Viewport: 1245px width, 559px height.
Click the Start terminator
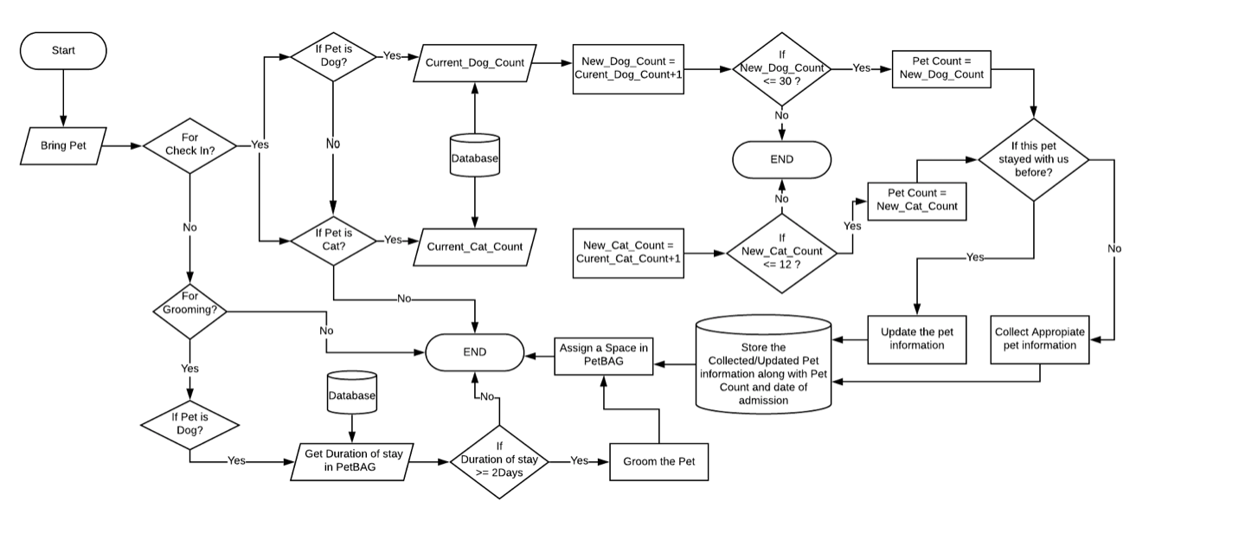point(63,51)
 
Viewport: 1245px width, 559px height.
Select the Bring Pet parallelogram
point(63,146)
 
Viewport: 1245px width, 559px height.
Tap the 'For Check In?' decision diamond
point(189,145)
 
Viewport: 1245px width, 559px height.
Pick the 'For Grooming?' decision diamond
point(189,309)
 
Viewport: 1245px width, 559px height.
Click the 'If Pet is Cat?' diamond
point(333,240)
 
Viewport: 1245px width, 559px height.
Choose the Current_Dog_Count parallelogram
point(474,63)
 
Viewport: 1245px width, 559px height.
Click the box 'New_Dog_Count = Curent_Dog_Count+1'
point(628,68)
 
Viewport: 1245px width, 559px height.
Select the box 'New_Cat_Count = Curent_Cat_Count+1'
point(628,252)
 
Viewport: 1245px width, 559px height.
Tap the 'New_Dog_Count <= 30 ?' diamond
point(781,68)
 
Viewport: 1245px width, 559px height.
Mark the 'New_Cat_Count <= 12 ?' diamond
point(781,252)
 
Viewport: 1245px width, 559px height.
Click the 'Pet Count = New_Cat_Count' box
point(916,200)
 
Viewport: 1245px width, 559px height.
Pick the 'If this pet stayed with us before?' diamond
point(1033,160)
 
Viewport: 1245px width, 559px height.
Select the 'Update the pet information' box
point(916,338)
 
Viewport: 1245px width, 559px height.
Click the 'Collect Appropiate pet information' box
point(1039,338)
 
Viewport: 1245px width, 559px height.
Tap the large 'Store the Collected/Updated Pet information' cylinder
point(763,363)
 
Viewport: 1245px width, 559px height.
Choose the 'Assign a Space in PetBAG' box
point(603,355)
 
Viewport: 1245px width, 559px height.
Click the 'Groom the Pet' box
point(658,461)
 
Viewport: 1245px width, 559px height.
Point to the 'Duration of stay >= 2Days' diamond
point(498,461)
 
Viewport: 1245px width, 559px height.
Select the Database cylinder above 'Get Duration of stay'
point(351,395)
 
